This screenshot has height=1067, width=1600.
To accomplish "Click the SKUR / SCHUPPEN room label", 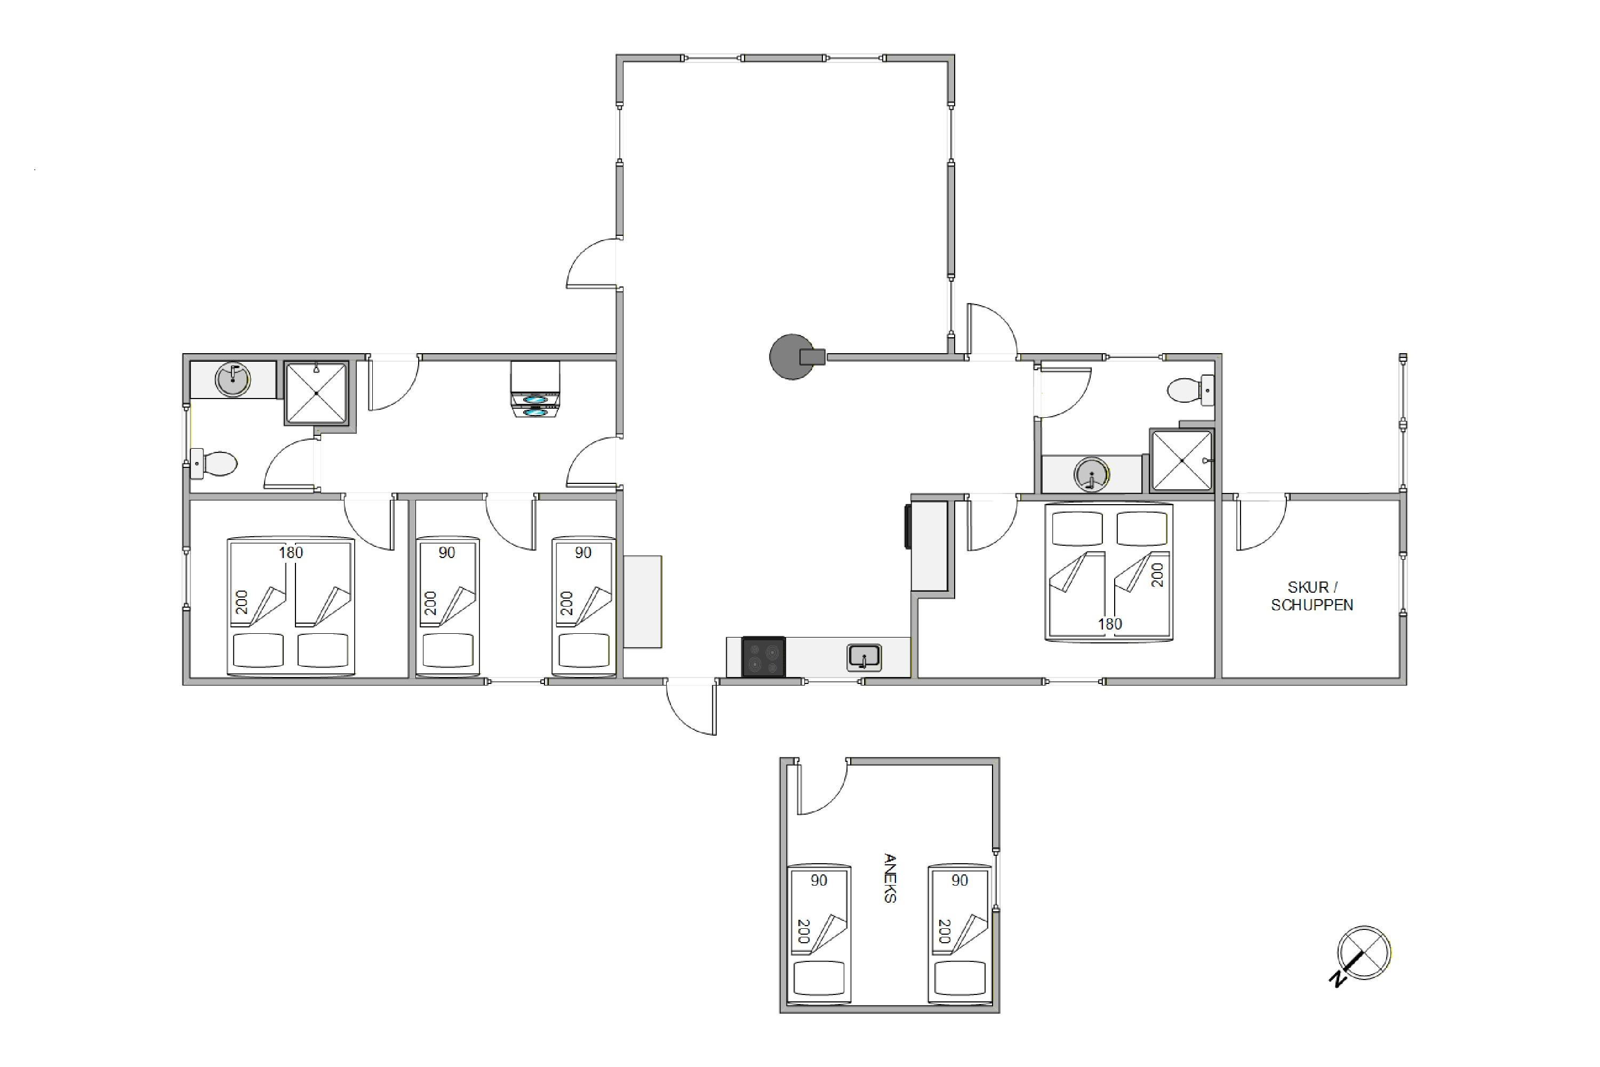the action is [x=1311, y=596].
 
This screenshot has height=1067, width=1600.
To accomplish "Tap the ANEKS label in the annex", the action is [x=890, y=878].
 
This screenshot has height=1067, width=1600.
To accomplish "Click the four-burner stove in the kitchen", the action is [x=763, y=657].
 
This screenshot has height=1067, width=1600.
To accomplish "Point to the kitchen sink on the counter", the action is [x=864, y=657].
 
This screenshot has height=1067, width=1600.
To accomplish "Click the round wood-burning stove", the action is [x=795, y=356].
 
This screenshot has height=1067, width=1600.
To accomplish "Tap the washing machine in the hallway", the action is [x=535, y=389].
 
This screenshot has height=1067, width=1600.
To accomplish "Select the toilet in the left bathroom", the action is [x=214, y=464].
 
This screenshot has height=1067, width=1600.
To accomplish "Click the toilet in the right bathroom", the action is [x=1191, y=391].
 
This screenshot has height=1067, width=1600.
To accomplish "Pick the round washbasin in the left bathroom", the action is [x=233, y=380].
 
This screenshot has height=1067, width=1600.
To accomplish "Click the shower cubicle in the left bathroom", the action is [x=316, y=393].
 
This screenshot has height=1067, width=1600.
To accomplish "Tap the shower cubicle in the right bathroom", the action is [x=1182, y=461].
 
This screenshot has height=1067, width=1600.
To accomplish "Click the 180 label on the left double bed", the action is [x=291, y=553].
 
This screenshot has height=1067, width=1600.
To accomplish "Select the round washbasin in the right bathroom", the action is [x=1091, y=474].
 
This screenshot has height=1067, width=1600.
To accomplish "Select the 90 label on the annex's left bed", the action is [x=819, y=881].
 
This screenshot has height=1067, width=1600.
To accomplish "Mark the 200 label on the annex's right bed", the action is [x=943, y=931].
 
